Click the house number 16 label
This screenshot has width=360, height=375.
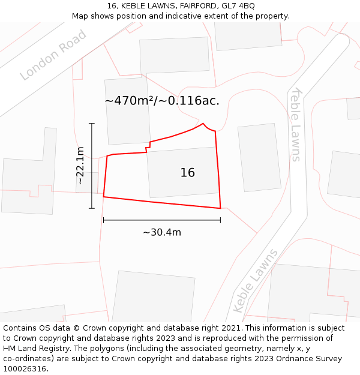(x=187, y=173)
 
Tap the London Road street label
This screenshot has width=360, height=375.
(x=53, y=55)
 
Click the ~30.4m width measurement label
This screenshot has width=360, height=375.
(x=161, y=232)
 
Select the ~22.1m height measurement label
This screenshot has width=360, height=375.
(x=80, y=165)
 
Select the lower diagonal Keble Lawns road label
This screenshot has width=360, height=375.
(x=255, y=280)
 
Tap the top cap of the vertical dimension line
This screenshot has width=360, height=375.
(x=92, y=124)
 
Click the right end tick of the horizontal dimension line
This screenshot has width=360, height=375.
(x=220, y=220)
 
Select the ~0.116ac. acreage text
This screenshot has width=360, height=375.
(x=193, y=101)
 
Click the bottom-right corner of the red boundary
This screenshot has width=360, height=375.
(x=220, y=208)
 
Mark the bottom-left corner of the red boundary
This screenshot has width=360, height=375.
(x=104, y=196)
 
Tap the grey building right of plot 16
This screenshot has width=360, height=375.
(x=259, y=158)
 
